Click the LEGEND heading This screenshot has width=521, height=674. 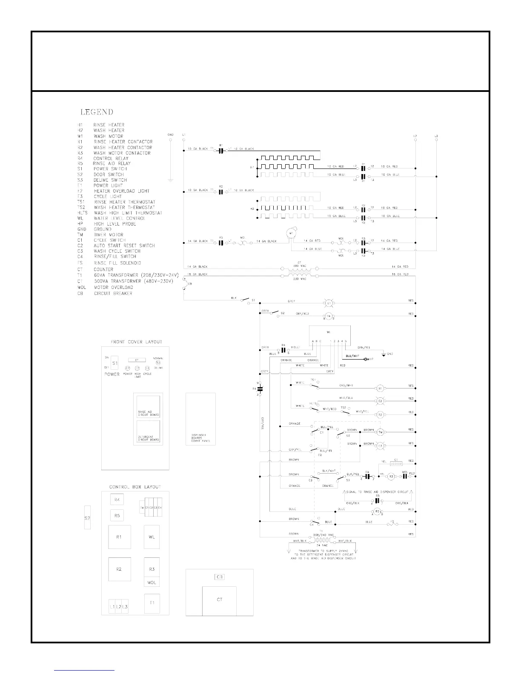[97, 112]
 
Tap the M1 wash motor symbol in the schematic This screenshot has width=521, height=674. [292, 233]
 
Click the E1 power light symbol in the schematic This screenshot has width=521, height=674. [328, 303]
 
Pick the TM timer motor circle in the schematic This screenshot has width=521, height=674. [380, 431]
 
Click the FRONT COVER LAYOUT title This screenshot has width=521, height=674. [136, 342]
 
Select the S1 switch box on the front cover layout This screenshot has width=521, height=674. [115, 363]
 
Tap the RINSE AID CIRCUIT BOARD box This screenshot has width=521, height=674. [148, 407]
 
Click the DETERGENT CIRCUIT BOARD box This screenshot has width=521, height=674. [148, 431]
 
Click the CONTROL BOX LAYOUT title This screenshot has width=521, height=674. [135, 487]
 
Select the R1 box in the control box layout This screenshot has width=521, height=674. [119, 537]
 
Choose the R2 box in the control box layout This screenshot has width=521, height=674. [119, 569]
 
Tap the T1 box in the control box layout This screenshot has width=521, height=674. [152, 603]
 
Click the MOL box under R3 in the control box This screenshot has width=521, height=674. [152, 583]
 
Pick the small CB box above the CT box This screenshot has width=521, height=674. [219, 577]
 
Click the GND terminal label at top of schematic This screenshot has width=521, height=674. [170, 135]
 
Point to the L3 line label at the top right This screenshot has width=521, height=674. [436, 136]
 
